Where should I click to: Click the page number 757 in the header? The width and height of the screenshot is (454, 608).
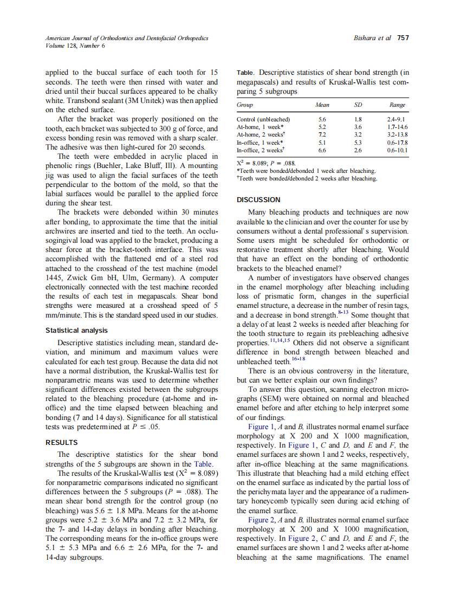click(x=403, y=38)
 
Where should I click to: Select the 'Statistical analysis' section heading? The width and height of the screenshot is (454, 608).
click(x=76, y=330)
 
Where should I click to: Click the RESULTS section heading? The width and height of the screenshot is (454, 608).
click(x=62, y=442)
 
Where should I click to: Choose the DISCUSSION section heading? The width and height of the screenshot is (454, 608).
click(x=258, y=199)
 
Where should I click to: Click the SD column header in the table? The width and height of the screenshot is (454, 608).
click(x=358, y=105)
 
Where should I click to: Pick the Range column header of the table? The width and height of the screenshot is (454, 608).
click(x=397, y=105)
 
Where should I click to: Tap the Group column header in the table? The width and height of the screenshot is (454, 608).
click(x=245, y=105)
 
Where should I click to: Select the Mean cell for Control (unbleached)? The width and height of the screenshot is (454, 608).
click(x=322, y=119)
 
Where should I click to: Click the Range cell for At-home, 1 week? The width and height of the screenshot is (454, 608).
click(x=398, y=127)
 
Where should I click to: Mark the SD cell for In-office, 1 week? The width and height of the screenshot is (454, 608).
click(x=358, y=142)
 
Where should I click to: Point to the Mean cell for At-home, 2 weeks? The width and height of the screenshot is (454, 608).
click(x=322, y=134)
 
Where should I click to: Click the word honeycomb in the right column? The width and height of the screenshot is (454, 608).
click(x=264, y=501)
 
